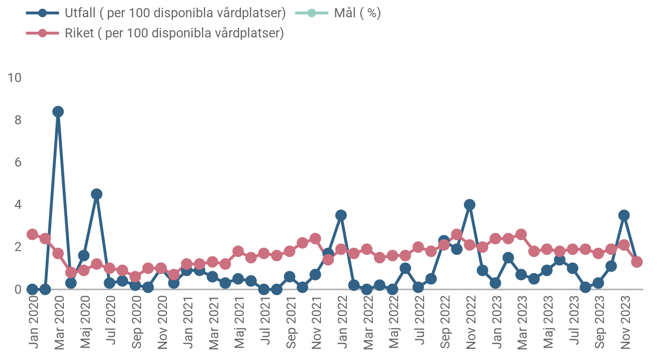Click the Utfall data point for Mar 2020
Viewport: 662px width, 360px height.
58,112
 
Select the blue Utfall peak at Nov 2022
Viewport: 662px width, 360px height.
470,205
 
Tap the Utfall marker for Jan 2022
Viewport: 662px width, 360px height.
341,216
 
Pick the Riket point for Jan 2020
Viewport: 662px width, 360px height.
32,234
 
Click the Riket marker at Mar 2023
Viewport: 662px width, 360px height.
521,235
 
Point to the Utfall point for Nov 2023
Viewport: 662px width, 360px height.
624,216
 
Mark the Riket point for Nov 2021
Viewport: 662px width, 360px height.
315,239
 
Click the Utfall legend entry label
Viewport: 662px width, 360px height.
175,13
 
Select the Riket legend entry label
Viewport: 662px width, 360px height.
174,33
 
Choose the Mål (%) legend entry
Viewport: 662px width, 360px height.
357,13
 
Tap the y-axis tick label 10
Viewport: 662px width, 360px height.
15,77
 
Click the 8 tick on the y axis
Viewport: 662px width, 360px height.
18,120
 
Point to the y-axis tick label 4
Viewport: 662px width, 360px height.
18,205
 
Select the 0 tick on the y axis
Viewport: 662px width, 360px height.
18,289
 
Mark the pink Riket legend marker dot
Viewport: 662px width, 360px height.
43,33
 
